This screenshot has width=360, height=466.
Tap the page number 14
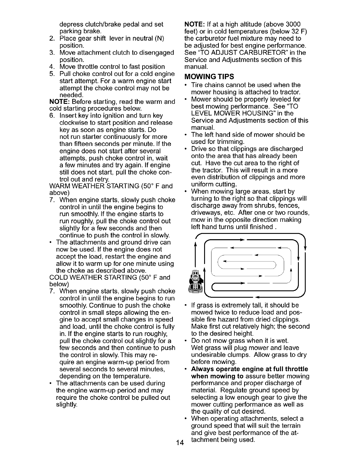click(179, 443)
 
